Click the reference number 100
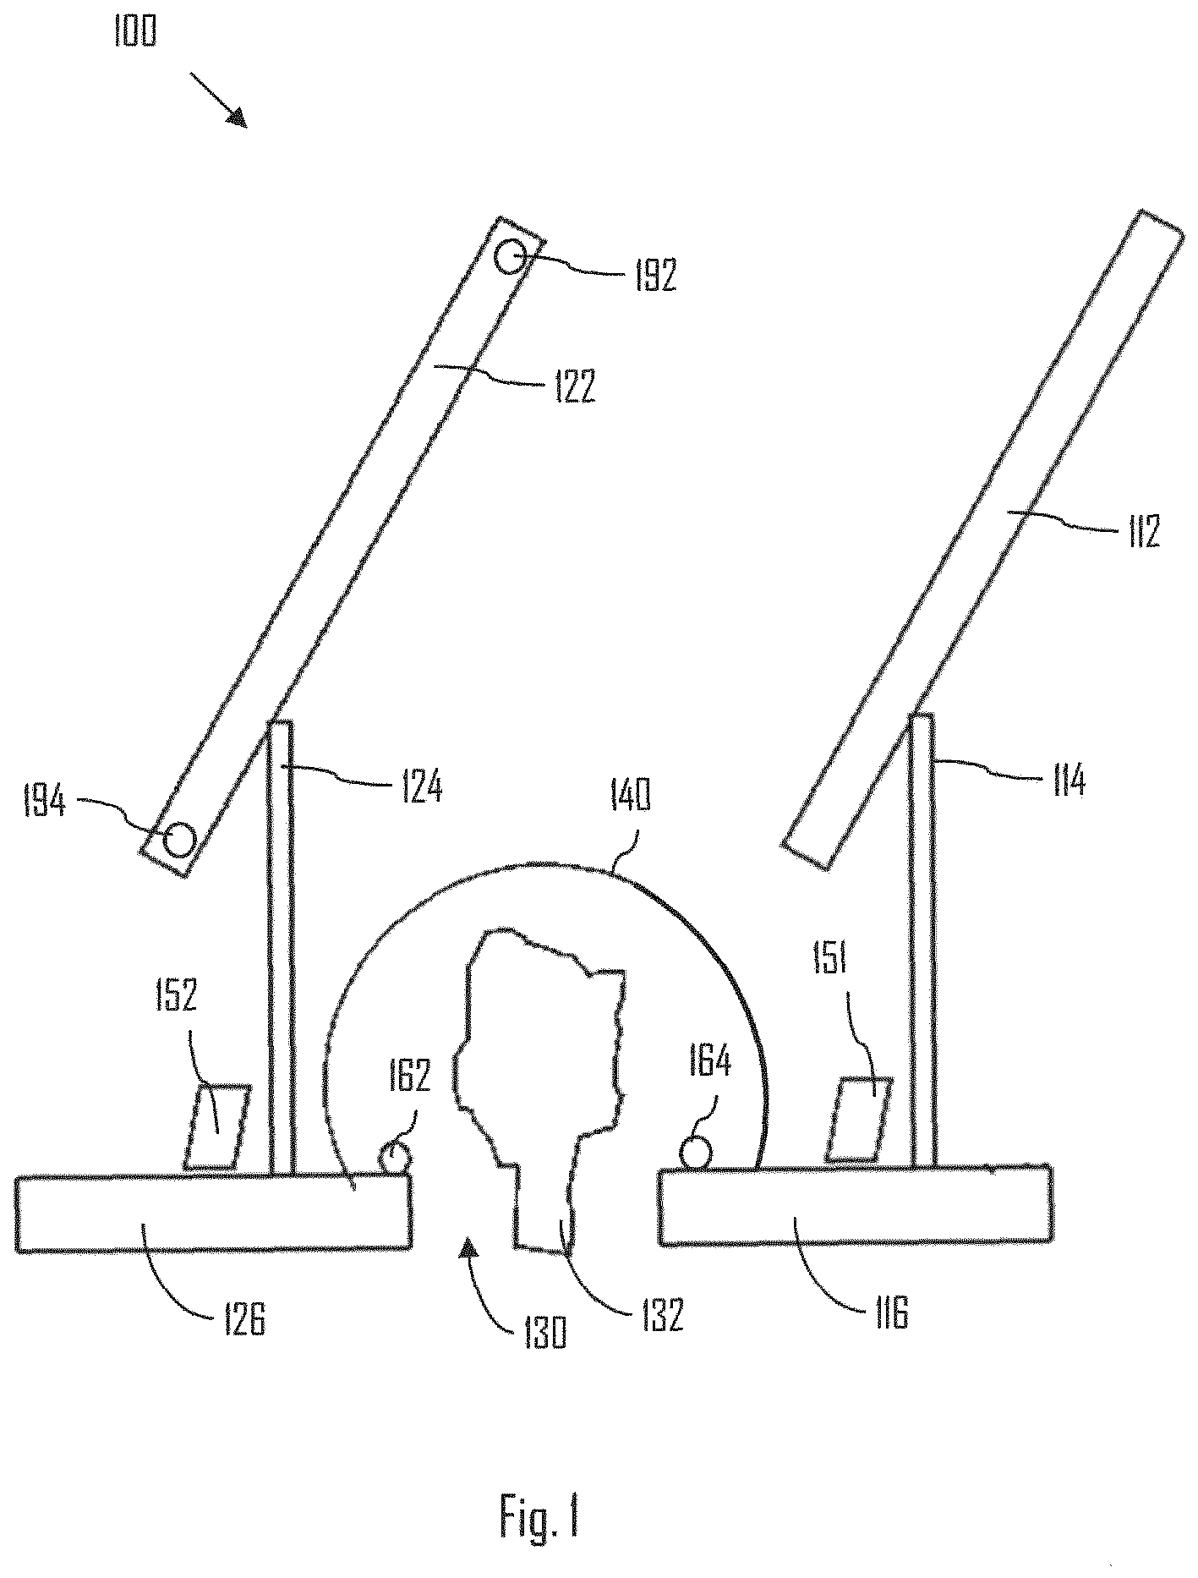134,33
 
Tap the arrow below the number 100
218,100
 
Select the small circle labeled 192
511,255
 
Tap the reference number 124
419,786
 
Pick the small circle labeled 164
695,1153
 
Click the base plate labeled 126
214,1211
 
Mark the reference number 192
657,276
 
